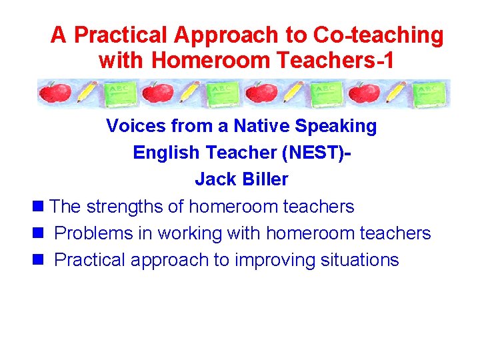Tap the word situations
click(359, 260)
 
